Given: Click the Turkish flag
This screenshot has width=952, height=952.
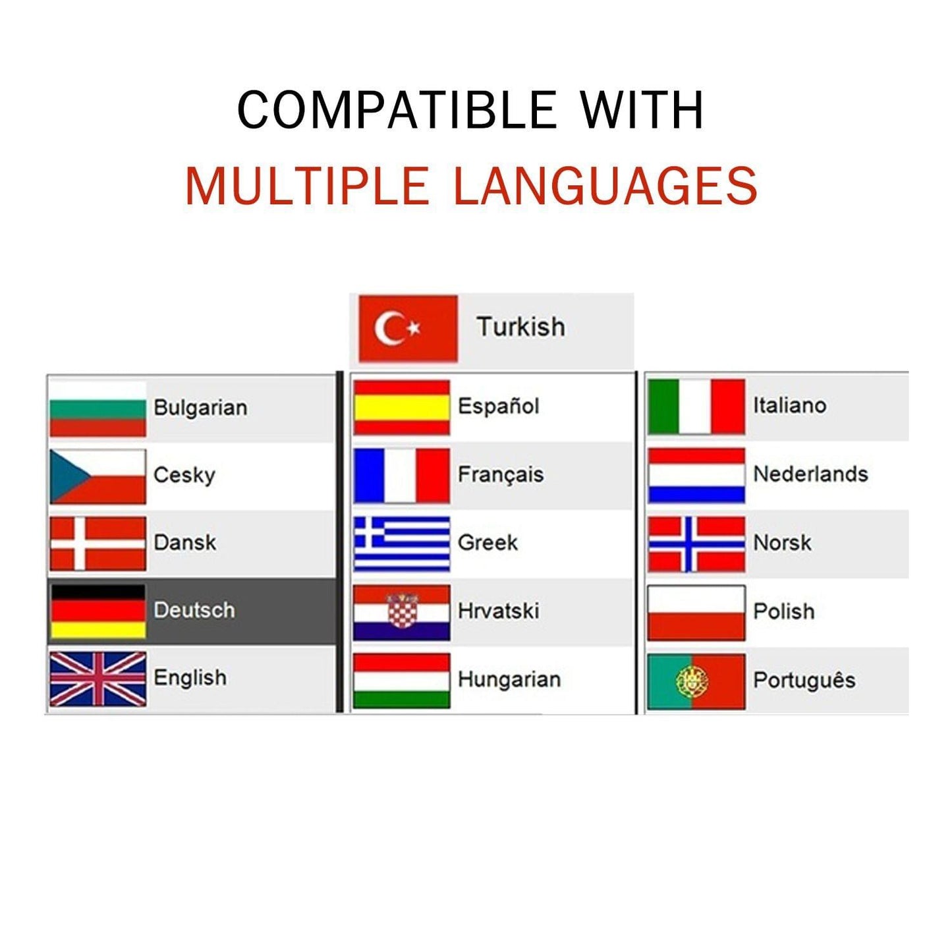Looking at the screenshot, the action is click(x=408, y=329).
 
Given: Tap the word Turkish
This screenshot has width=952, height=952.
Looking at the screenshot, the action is click(x=520, y=327).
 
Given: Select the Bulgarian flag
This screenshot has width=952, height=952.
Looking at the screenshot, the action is click(x=98, y=408).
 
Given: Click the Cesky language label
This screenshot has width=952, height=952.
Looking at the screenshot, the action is click(x=184, y=475).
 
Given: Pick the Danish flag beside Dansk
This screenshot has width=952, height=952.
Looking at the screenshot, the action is click(x=98, y=544).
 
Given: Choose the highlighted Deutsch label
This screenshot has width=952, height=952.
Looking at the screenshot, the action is click(x=194, y=610).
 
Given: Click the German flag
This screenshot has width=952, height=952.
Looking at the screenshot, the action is click(x=98, y=611).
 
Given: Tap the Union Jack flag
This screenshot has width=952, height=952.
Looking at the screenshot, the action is click(x=98, y=679).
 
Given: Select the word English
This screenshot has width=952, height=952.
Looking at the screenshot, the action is click(x=190, y=678).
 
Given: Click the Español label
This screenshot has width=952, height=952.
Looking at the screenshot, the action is click(x=498, y=406).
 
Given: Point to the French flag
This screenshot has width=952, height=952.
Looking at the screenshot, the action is click(x=402, y=476).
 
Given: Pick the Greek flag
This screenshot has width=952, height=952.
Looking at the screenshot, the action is click(x=402, y=544).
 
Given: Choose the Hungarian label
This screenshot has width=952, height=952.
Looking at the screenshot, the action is click(x=509, y=679).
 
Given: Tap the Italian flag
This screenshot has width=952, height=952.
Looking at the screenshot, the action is click(x=696, y=407).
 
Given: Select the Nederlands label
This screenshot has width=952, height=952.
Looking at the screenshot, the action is click(x=810, y=474).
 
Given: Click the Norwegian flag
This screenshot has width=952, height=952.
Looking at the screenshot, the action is click(x=696, y=544).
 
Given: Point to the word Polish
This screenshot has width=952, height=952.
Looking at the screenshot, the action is click(x=784, y=611).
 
